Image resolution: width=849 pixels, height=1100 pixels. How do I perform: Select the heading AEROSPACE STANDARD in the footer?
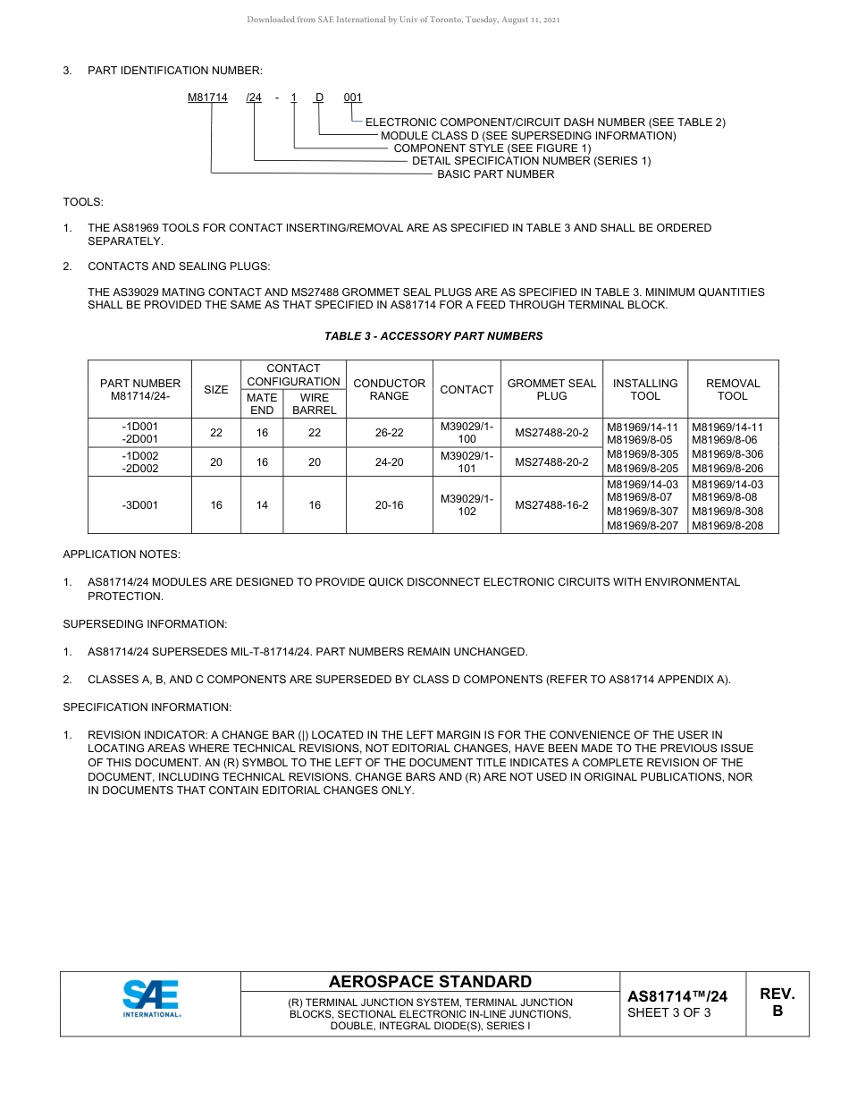[430, 982]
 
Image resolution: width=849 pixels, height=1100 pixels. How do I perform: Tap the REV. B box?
[777, 1003]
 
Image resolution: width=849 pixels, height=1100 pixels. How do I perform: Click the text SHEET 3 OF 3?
[669, 1013]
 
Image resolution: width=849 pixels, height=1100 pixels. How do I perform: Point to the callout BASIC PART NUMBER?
[495, 174]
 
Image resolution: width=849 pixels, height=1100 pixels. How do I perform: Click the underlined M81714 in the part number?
[207, 97]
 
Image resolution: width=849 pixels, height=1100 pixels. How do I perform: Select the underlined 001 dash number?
[353, 97]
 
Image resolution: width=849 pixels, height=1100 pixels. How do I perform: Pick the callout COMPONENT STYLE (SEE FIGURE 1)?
[492, 148]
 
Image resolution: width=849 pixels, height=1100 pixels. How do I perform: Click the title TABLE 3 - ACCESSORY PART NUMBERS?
[433, 336]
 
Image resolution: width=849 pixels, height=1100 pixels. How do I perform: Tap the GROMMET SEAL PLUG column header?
[551, 389]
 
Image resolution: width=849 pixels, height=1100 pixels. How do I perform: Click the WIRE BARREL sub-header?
[315, 403]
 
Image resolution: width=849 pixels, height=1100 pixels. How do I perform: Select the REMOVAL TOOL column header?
[732, 389]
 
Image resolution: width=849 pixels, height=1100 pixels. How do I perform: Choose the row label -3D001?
[139, 505]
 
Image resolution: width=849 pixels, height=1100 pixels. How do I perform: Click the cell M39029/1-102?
[467, 505]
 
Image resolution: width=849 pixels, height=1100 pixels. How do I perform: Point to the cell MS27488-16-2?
[551, 505]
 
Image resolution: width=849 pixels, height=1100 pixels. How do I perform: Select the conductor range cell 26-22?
[389, 433]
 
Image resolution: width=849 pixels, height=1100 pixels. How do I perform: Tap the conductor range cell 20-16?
[389, 505]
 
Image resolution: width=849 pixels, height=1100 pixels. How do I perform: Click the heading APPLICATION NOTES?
[122, 554]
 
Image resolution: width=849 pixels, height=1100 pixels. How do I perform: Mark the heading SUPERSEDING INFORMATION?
[145, 623]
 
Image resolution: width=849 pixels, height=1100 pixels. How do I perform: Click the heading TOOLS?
[83, 202]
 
